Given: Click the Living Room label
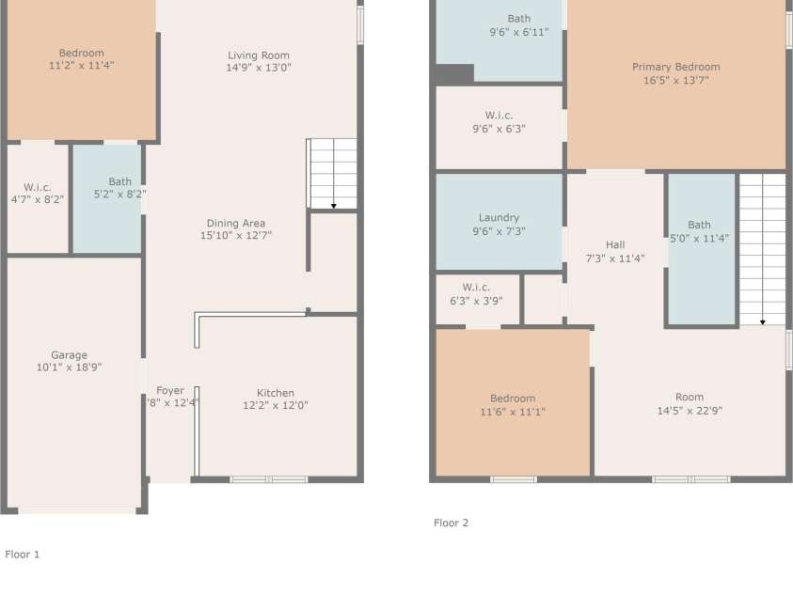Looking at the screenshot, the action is tap(259, 55).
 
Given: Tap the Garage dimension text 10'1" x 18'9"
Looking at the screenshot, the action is tap(69, 367).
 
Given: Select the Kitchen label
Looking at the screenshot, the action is tap(275, 393).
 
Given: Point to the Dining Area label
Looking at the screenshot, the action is tap(236, 224).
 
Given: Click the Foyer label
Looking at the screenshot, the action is tap(170, 390).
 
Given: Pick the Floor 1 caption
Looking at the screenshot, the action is tap(23, 555).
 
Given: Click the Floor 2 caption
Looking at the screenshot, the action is tap(452, 523).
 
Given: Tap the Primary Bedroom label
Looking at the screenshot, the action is tap(675, 67).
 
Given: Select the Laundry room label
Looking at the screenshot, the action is tap(499, 218).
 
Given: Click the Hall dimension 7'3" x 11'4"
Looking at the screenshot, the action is tap(615, 258).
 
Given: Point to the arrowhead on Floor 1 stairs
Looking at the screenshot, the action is tap(334, 206).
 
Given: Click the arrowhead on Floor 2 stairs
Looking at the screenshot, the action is tap(763, 322).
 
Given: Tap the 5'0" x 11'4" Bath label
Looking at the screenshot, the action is tap(700, 231).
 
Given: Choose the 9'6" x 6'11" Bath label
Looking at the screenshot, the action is tap(519, 25).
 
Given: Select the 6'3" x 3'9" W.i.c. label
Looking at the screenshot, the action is tap(476, 294).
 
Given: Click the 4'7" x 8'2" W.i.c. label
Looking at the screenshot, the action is tap(38, 193).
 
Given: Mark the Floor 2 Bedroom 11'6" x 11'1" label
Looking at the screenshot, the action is tap(513, 405).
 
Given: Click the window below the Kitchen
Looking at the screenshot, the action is tap(269, 479).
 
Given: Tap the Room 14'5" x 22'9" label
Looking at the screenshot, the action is tap(690, 404).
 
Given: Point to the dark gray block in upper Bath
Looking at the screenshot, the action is tap(454, 74).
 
